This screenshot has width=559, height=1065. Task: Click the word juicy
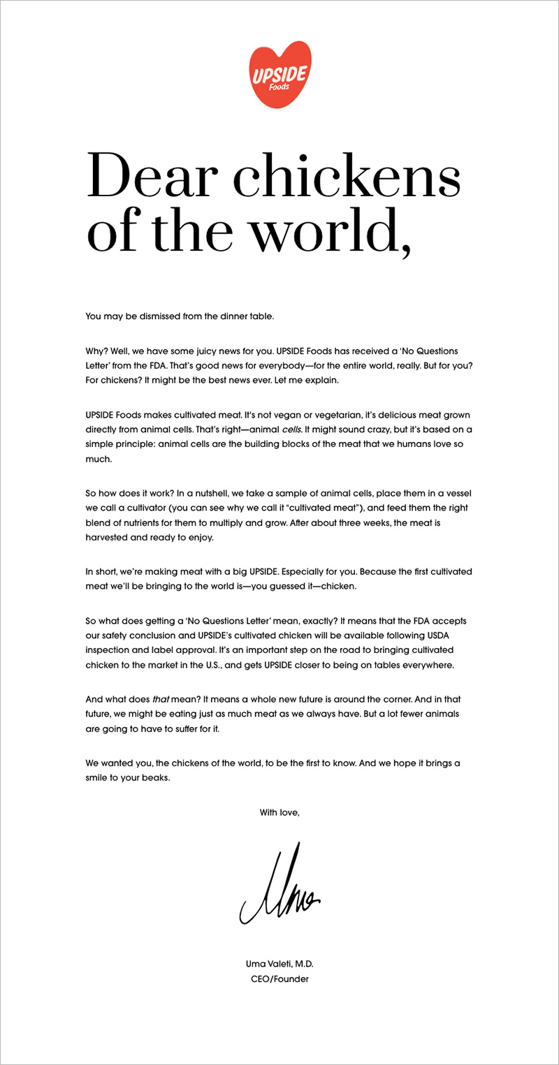[225, 350]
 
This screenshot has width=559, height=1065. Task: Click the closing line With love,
[279, 812]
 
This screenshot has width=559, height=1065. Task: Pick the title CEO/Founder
[279, 978]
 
